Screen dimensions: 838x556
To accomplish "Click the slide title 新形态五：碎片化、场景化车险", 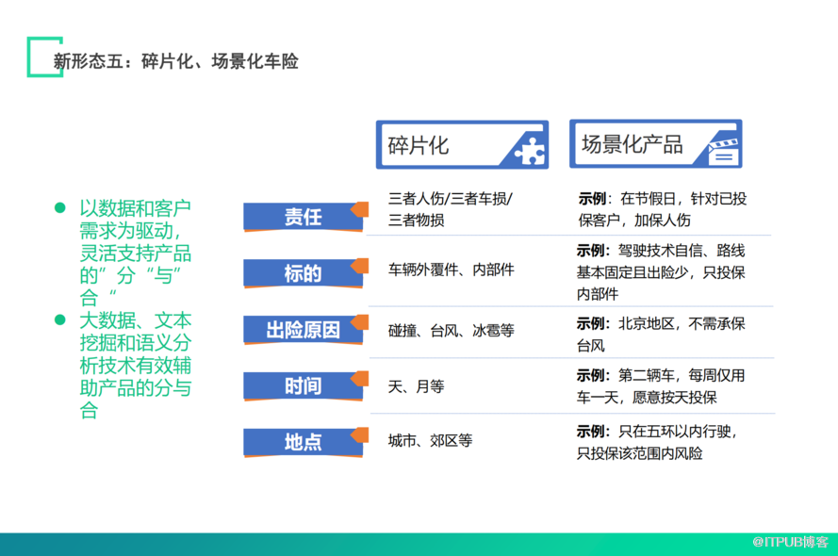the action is coord(176,61).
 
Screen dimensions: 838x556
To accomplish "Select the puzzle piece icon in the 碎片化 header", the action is coord(529,151).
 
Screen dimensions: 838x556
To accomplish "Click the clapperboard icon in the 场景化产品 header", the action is coord(723,151).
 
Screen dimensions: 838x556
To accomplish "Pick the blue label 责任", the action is coord(303,217).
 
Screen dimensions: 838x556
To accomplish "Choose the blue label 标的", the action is coord(303,273).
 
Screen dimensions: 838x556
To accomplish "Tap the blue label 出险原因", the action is coord(303,330).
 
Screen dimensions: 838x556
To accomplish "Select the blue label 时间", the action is coord(303,385).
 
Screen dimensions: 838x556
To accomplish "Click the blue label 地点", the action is coord(303,442).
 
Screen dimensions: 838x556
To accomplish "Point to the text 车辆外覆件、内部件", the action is coord(452,270).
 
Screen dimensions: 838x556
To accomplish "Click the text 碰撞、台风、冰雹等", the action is coord(452,331).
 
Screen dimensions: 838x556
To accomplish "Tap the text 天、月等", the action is coord(416,386).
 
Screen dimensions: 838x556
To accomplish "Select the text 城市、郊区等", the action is coord(430,441).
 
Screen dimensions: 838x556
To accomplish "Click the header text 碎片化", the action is coord(418,146).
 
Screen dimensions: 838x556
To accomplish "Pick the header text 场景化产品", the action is coord(633,144).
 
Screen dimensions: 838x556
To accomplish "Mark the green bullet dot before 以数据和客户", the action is coord(60,207).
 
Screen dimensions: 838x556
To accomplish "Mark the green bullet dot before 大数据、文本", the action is coord(60,319).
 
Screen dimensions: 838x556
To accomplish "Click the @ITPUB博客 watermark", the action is coord(790,542).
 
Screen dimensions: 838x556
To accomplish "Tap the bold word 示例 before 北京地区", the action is coord(590,323).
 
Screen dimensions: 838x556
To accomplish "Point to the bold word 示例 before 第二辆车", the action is coord(590,375).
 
